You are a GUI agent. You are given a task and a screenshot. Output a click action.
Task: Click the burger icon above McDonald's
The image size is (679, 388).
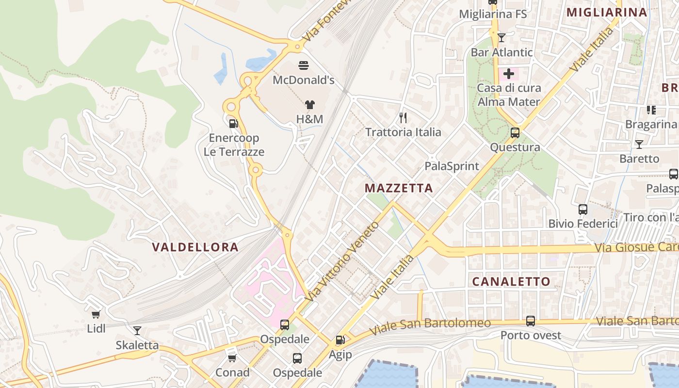tap(304, 65)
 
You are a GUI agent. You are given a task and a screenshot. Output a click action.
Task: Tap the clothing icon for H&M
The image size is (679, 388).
tap(310, 104)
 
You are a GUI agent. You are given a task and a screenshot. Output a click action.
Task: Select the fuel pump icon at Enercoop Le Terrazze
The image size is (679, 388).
tap(233, 123)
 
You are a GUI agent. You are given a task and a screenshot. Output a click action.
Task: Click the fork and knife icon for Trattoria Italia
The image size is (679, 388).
tap(403, 117)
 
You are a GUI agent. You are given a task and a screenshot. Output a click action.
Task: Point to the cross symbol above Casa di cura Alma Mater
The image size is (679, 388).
tap(508, 74)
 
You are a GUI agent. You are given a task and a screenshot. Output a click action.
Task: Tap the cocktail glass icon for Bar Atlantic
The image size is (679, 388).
tap(501, 37)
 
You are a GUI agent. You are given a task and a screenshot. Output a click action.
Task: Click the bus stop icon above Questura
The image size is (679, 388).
tap(515, 132)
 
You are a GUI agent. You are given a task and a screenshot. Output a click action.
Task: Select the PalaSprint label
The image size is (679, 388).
tap(452, 166)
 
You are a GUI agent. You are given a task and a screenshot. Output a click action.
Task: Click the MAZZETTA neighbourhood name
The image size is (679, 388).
tap(398, 188)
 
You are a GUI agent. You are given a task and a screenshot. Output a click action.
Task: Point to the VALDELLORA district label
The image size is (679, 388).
tap(195, 247)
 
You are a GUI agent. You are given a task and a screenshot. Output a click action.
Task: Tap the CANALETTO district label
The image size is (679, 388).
tap(511, 281)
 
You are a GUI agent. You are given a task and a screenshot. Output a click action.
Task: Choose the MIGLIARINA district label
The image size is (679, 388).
tap(607, 13)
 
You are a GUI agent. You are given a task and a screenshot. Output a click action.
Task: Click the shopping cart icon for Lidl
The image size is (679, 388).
tap(96, 314)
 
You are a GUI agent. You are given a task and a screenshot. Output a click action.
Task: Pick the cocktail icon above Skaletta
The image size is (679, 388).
tap(137, 331)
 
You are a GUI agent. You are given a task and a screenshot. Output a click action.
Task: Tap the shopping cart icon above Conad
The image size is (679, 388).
tap(232, 358)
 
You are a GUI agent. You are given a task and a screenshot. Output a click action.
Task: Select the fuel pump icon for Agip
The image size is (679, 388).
tap(340, 340)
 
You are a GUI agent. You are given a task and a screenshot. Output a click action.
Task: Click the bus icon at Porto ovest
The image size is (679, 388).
tap(531, 321)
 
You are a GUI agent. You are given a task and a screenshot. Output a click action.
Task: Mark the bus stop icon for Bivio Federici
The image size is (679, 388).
tap(582, 210)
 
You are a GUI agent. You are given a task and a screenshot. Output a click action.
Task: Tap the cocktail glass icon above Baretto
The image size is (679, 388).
tap(639, 144)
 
